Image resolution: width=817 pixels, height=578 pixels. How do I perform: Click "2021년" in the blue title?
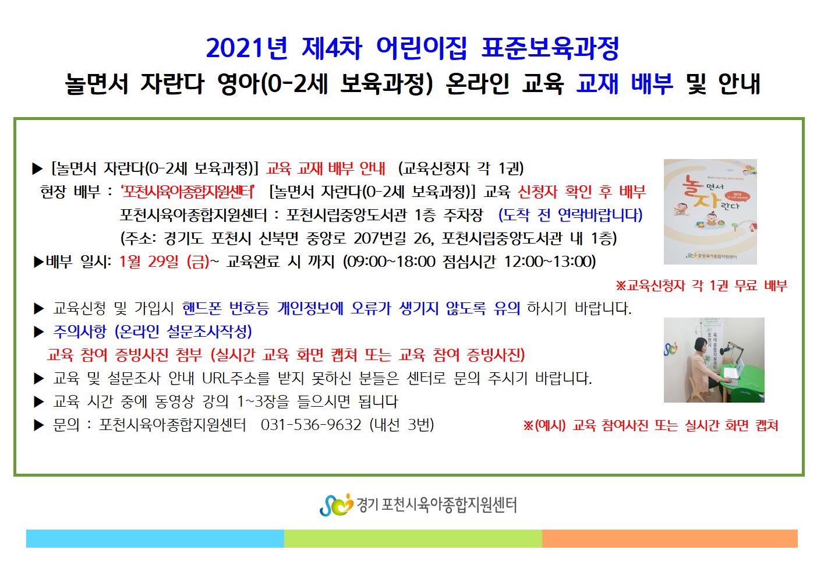[x=247, y=48]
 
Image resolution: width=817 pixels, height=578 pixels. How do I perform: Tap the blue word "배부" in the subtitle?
[x=652, y=83]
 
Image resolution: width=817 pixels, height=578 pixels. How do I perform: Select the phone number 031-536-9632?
[x=311, y=425]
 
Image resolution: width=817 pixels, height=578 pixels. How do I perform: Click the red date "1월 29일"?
[x=149, y=262]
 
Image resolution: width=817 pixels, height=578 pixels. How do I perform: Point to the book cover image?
[x=710, y=212]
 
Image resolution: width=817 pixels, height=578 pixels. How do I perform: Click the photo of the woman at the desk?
[x=714, y=360]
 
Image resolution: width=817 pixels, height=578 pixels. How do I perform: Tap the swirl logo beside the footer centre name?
[x=336, y=505]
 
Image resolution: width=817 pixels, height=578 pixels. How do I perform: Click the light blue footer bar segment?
[x=155, y=538]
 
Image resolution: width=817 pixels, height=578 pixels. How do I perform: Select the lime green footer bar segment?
[x=413, y=538]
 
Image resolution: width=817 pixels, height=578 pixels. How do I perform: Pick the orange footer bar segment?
[x=670, y=538]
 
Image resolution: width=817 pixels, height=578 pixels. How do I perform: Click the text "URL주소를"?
[x=236, y=378]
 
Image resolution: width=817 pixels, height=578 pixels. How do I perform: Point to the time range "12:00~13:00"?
[x=550, y=262]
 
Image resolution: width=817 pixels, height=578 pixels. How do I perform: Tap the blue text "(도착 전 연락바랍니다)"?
[x=570, y=215]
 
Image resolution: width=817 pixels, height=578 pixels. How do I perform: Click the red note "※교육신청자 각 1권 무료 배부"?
[x=701, y=286]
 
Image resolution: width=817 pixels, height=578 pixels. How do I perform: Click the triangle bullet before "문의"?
[x=38, y=425]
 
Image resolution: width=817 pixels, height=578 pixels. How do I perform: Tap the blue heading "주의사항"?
[x=80, y=332]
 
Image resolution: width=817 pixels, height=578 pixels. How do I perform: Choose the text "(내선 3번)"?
[x=402, y=425]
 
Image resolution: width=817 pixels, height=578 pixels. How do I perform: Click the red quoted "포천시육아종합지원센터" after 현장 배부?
[x=188, y=192]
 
